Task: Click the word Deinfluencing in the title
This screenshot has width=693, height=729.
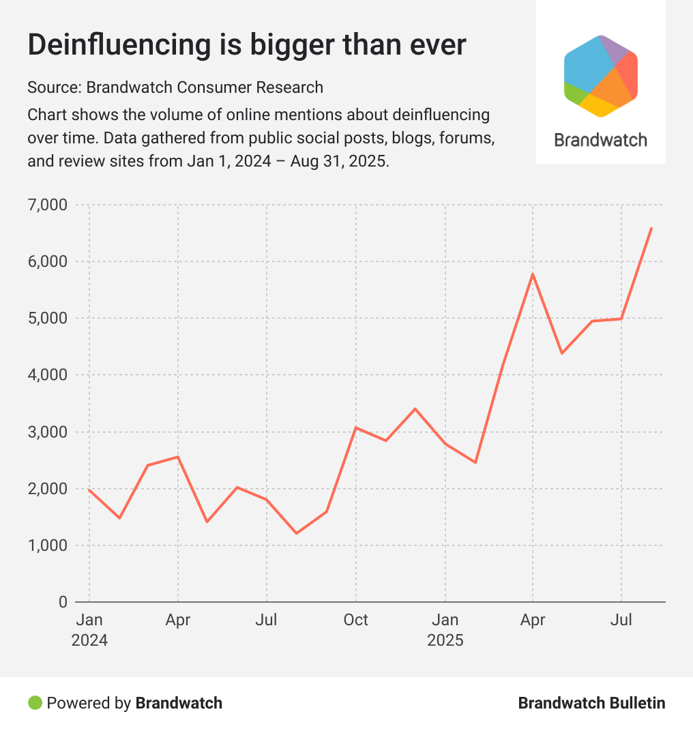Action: point(110,45)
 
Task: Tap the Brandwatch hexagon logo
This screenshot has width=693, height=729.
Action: point(601,76)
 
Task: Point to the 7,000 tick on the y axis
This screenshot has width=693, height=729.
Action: point(48,205)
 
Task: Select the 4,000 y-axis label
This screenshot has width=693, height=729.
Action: point(48,375)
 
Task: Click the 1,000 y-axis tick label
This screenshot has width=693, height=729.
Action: point(48,545)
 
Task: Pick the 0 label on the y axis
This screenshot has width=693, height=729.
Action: point(62,602)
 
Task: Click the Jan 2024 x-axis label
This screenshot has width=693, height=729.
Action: point(89,630)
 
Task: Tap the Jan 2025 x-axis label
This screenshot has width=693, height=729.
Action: point(445,630)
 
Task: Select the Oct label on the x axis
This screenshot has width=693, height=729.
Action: point(355,620)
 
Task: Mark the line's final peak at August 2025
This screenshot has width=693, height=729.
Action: point(651,228)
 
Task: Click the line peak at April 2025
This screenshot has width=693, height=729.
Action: point(532,274)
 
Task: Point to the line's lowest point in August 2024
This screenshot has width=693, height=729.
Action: point(297,533)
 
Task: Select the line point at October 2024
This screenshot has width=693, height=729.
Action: point(356,427)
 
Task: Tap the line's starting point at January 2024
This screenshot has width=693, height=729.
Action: point(89,489)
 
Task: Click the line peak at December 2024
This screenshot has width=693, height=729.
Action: point(415,409)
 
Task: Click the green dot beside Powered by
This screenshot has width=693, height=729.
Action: point(35,702)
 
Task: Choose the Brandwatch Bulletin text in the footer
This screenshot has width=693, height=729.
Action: point(591,702)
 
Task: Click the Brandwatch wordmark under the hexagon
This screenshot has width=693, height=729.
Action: point(600,140)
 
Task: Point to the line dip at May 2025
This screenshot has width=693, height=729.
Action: point(561,353)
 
